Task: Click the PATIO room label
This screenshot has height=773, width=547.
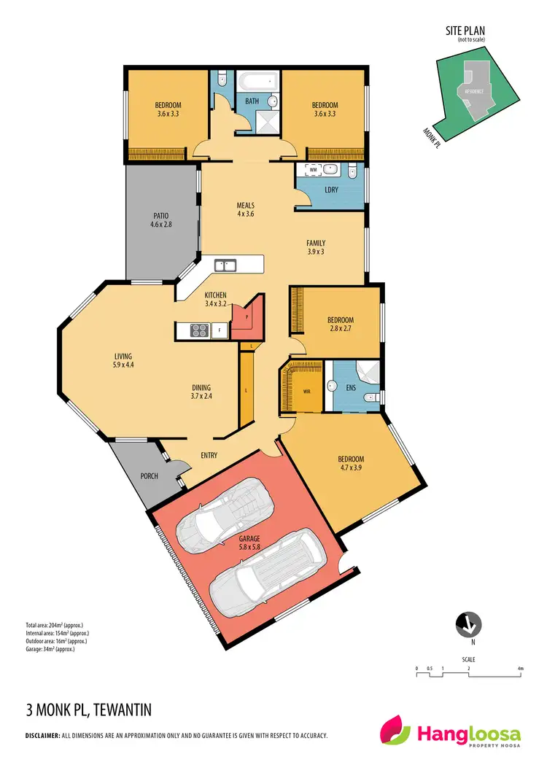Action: pyautogui.click(x=161, y=221)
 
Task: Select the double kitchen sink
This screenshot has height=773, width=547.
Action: pyautogui.click(x=225, y=265)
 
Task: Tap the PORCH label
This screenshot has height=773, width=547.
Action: pyautogui.click(x=149, y=476)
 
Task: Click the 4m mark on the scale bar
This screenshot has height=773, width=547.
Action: pyautogui.click(x=520, y=668)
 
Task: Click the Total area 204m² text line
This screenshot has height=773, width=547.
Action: pyautogui.click(x=56, y=626)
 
